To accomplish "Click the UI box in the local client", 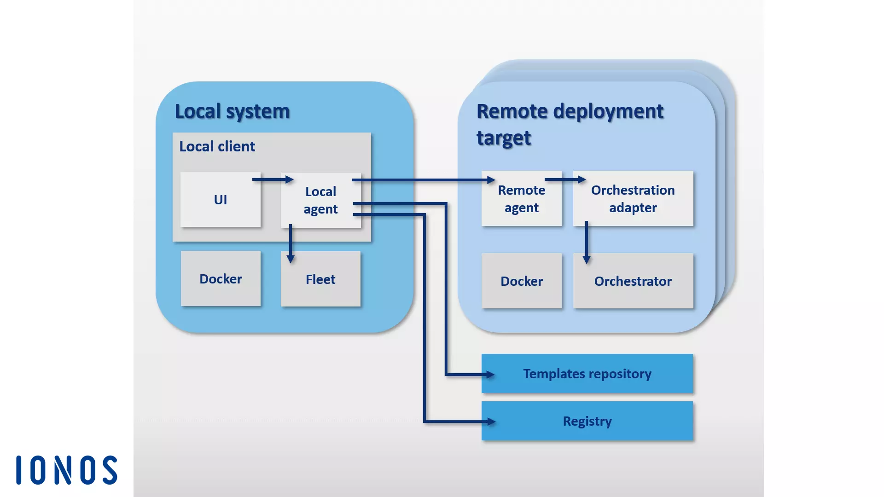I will pos(220,199).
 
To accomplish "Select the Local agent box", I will pos(320,200).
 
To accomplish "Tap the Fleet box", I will pos(320,279).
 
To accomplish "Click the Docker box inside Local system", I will pos(221,279).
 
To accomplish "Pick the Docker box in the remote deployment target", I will pos(521,281).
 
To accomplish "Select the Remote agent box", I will pos(521,199).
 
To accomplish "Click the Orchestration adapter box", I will pos(633,199).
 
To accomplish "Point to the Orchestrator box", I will pos(633,281).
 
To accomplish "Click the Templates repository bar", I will pos(587,374).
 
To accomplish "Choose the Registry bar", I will pos(587,421).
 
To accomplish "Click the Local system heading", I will pos(232,111).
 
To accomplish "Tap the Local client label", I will pos(217,146).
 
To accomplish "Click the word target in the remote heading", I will pos(504,138).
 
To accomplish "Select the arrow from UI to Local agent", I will pos(273,179).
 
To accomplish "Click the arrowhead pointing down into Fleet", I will pos(291,259).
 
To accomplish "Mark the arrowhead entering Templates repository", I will pos(490,375).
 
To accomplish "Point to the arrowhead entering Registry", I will pos(491,421).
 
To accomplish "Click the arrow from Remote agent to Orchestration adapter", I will pos(565,179).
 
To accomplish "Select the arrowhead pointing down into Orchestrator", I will pos(587,260).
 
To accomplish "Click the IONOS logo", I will pos(67,470).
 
